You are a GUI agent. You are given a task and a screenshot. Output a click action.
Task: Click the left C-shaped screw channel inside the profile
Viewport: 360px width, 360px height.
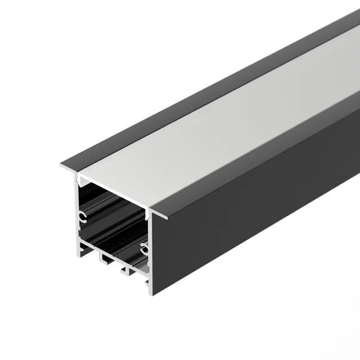83,215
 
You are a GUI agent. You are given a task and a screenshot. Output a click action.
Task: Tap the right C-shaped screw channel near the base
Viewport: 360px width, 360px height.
145,247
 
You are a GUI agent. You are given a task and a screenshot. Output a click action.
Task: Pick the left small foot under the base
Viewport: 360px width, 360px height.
103,258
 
